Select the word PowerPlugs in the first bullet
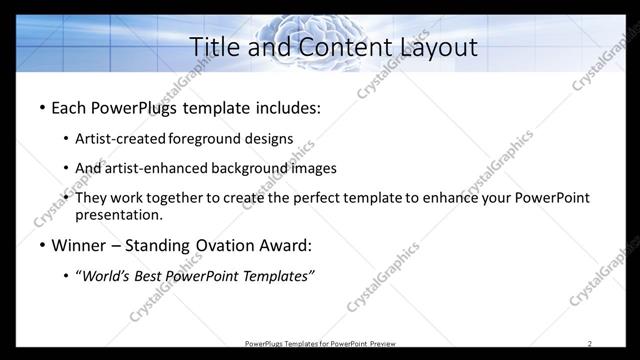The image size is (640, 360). (139, 108)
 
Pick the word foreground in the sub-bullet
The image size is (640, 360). (205, 139)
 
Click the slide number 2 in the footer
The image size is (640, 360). (589, 344)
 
